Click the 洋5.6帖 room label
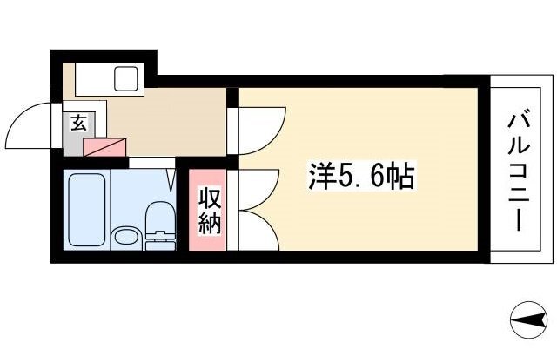click(x=361, y=177)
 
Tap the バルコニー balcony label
click(x=519, y=172)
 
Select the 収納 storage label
click(x=209, y=211)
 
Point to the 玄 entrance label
click(x=79, y=123)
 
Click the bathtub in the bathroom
click(x=87, y=210)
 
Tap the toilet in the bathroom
click(x=160, y=225)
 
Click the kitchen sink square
click(x=125, y=78)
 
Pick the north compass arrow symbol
click(x=528, y=320)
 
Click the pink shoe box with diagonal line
click(x=104, y=147)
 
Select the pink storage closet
click(x=207, y=210)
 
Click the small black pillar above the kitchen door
click(x=232, y=97)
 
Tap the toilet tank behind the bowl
click(x=160, y=241)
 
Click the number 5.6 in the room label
click(x=358, y=177)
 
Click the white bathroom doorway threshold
click(x=152, y=163)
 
